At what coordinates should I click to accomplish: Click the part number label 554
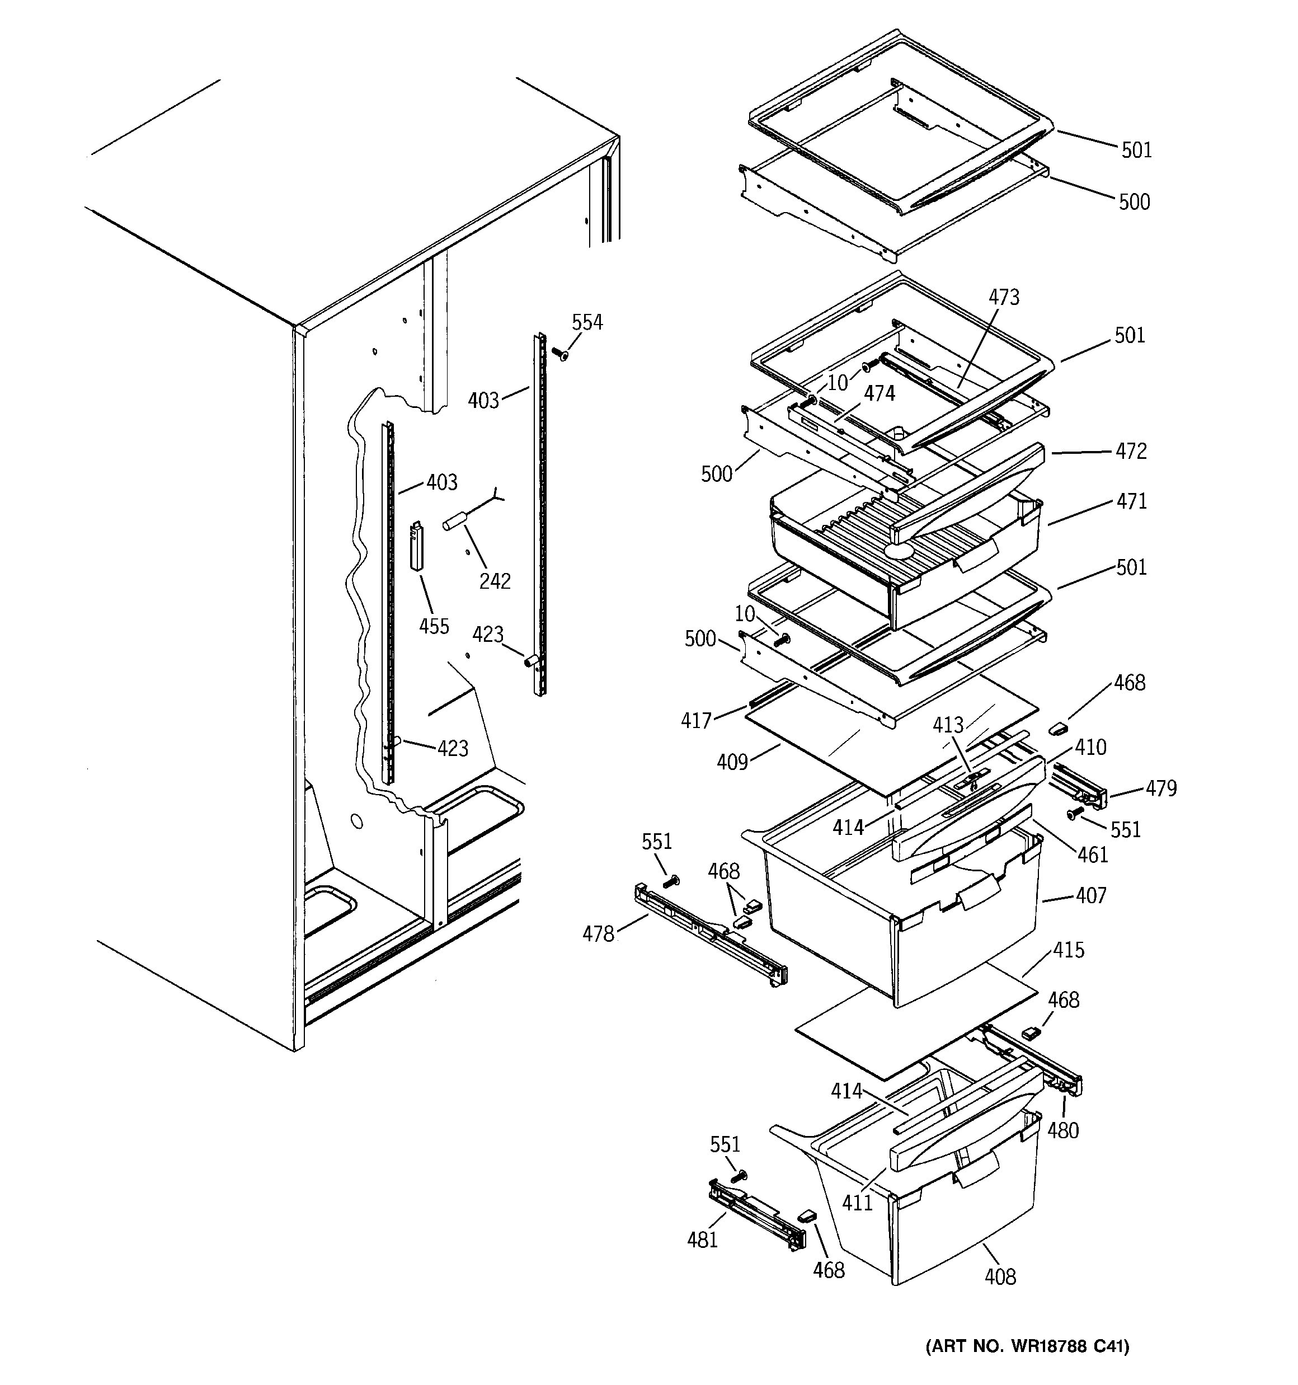pos(587,322)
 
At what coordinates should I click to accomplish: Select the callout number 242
pos(495,581)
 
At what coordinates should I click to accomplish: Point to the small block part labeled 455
pos(417,547)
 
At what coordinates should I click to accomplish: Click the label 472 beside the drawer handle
pos(1130,452)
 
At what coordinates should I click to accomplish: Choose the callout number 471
pos(1131,501)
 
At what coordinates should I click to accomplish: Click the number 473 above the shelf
pos(1004,298)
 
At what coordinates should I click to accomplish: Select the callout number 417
pos(696,720)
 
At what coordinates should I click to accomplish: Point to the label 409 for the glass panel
pos(732,763)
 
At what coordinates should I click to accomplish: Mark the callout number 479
pos(1161,788)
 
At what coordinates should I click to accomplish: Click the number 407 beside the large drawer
pos(1090,895)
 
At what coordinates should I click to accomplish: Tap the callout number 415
pos(1069,950)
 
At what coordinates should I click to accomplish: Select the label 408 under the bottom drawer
pos(1000,1277)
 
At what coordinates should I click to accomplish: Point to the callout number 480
pos(1062,1130)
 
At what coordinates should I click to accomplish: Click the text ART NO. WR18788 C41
pos(1027,1366)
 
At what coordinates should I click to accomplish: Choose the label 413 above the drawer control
pos(948,725)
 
